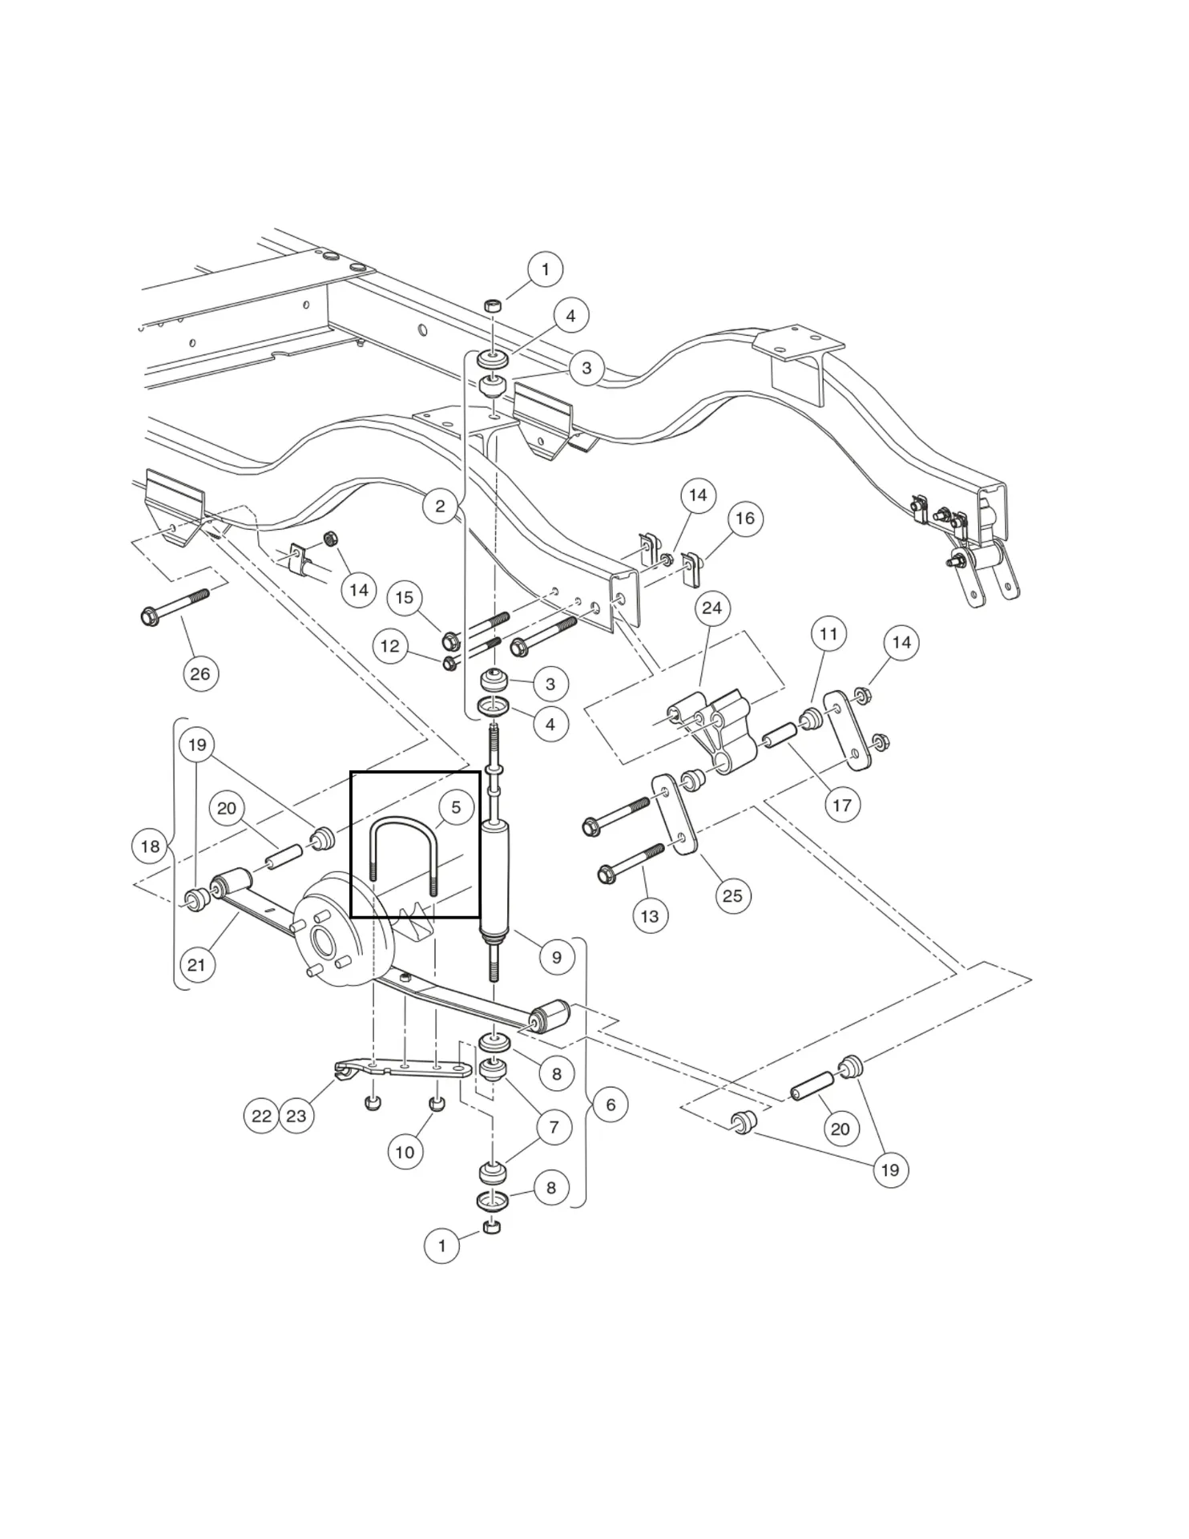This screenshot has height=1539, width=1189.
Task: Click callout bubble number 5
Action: (x=456, y=807)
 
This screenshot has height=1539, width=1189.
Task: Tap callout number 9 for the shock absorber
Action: (x=557, y=956)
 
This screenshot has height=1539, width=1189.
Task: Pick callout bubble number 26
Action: (x=200, y=673)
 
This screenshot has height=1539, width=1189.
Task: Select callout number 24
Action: (x=711, y=608)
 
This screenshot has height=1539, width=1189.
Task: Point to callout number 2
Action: (x=440, y=506)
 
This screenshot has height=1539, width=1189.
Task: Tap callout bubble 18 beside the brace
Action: (x=150, y=846)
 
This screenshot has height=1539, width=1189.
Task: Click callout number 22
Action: (x=261, y=1116)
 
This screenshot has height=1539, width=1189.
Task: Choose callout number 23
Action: (x=296, y=1116)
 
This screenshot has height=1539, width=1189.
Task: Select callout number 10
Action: (x=405, y=1152)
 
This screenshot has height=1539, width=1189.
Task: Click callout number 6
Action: (x=611, y=1105)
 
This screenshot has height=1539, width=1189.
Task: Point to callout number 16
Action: (x=745, y=518)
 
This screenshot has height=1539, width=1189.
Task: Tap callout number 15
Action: (x=405, y=597)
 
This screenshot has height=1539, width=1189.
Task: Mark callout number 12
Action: (x=390, y=646)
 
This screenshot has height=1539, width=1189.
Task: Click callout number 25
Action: (x=732, y=895)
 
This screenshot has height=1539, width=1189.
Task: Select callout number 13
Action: (x=650, y=915)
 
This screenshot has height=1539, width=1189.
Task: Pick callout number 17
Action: (x=842, y=805)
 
